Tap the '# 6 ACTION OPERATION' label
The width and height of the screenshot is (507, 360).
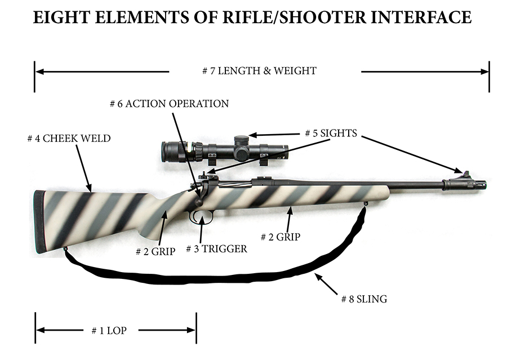coord(169,104)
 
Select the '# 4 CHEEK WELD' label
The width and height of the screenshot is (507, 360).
coord(69,138)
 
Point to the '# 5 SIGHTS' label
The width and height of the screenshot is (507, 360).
coord(331,134)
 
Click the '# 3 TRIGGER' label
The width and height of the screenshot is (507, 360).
coord(217,248)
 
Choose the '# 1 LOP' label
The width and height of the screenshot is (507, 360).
coord(109,331)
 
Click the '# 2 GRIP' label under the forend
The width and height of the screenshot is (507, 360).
coord(280,237)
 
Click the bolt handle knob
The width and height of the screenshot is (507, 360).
coord(199,202)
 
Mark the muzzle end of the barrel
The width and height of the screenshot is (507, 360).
coord(484,184)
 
